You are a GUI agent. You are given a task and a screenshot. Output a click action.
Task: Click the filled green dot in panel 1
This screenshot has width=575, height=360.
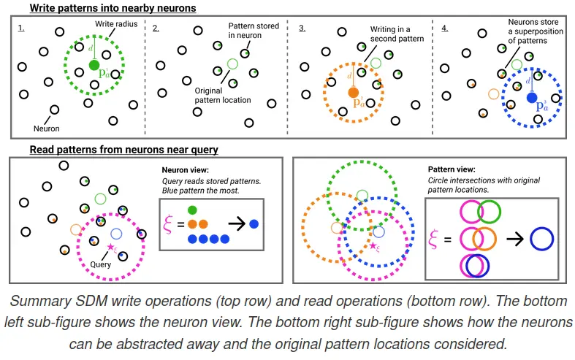(x=94, y=66)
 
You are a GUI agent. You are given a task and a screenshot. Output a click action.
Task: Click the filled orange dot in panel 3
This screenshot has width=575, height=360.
(x=354, y=93)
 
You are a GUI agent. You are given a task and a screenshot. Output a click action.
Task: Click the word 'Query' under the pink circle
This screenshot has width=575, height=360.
(x=101, y=264)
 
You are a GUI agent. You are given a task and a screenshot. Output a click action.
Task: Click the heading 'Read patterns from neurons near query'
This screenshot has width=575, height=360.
(x=118, y=150)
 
